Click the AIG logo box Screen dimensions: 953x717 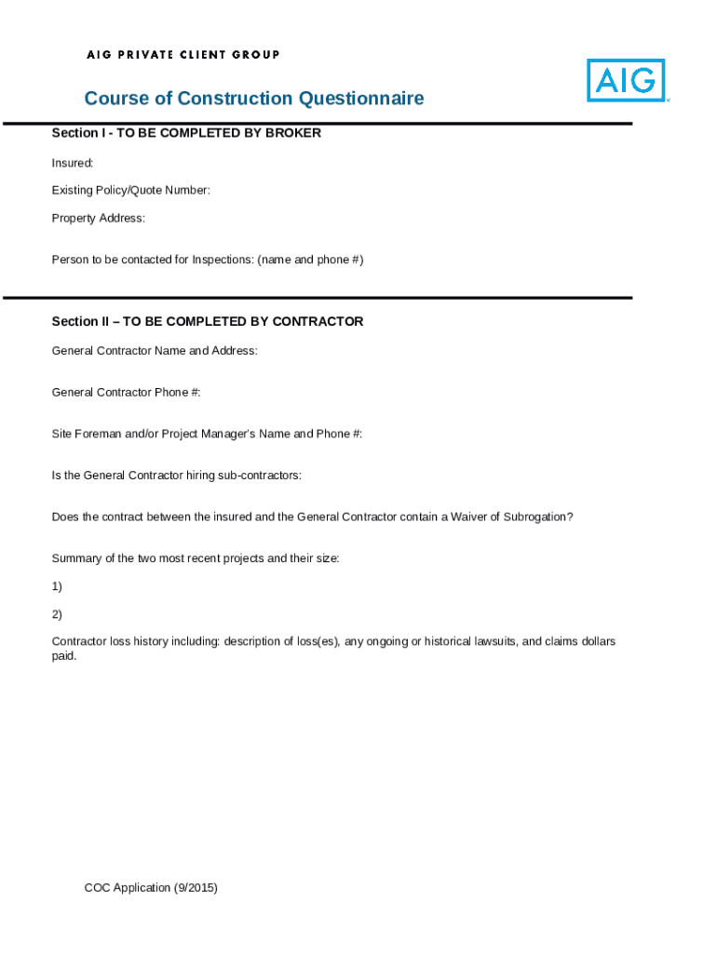tap(626, 80)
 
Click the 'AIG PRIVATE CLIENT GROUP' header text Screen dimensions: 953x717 tap(183, 55)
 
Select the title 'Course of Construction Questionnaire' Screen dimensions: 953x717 tap(253, 99)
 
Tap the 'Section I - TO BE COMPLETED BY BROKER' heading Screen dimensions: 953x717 tap(186, 133)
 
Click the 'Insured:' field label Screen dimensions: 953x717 tap(73, 163)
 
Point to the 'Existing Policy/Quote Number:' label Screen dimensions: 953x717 tap(131, 191)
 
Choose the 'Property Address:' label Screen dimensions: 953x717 tap(99, 219)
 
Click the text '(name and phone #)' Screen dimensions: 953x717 tap(310, 260)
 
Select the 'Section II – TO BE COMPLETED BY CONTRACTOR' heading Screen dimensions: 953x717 tap(208, 322)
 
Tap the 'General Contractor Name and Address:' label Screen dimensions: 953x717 tap(155, 351)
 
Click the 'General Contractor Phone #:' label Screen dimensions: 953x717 tap(127, 393)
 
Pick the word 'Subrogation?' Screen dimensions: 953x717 tap(538, 517)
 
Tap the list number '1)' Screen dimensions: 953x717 tap(57, 586)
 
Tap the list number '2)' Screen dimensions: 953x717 tap(57, 614)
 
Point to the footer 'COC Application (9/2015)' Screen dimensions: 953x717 tap(151, 888)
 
